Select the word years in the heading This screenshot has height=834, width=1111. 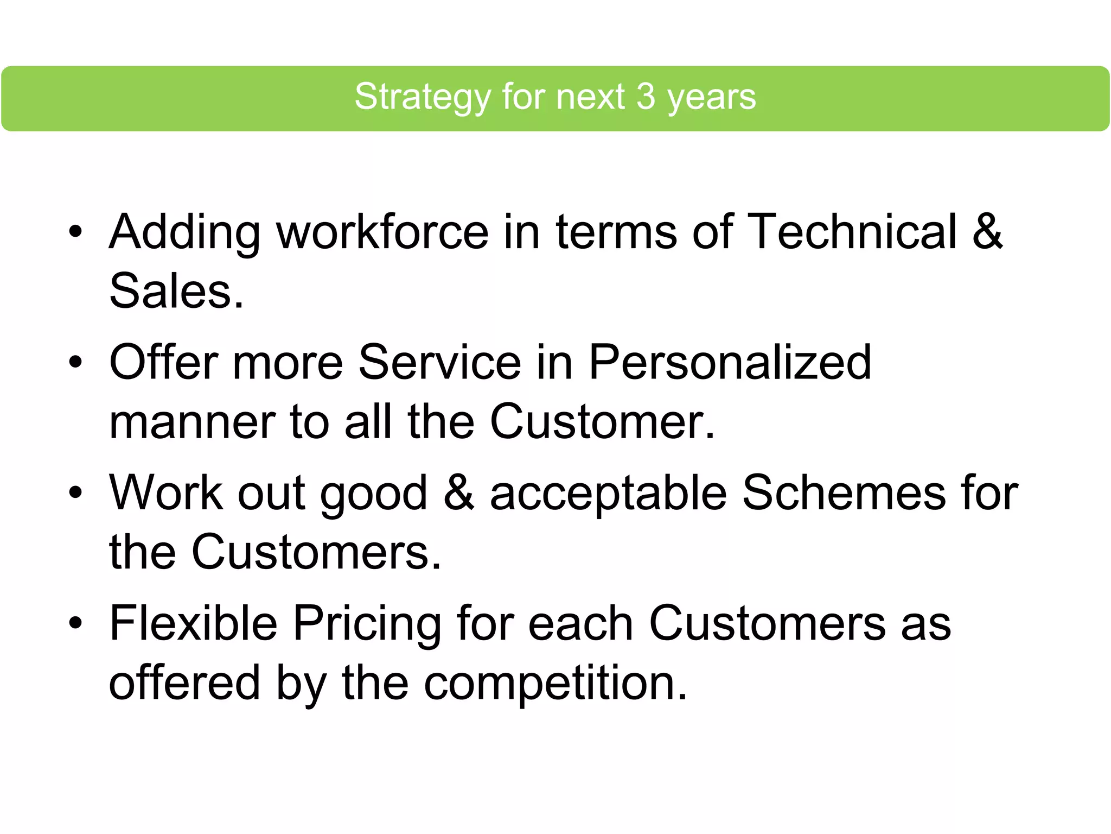tap(711, 98)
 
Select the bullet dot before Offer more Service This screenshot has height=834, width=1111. tap(75, 362)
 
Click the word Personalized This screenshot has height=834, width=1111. tap(730, 363)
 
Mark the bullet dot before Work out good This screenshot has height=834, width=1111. tap(75, 492)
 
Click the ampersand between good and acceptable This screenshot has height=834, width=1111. tap(458, 492)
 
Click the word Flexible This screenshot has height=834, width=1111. tap(194, 623)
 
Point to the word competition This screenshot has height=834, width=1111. tap(555, 683)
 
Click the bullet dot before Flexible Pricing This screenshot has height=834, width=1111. tap(75, 623)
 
